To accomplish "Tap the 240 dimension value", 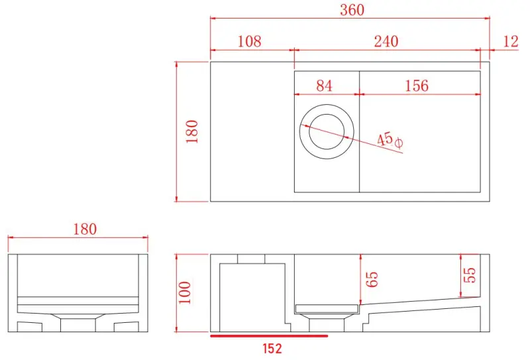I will pos(386,41).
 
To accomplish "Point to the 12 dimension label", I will pos(511,41).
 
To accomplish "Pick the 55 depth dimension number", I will pos(470,274).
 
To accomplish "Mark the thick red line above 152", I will pos(268,335).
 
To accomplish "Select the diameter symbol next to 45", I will pos(398,143).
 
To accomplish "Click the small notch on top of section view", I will pos(251,259).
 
